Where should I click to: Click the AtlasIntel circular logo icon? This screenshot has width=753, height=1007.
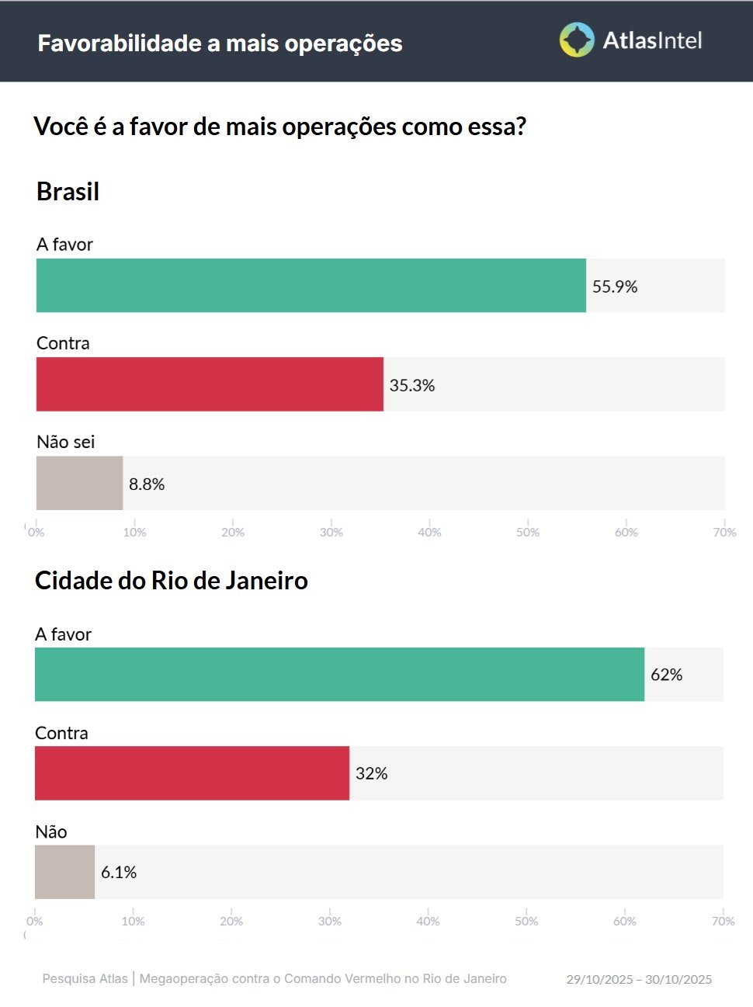point(577,40)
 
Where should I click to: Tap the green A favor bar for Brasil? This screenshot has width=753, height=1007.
point(311,286)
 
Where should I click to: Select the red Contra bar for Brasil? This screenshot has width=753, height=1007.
point(210,384)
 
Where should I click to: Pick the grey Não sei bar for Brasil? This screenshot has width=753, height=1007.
point(79,483)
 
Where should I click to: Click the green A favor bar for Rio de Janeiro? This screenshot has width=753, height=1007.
point(339,674)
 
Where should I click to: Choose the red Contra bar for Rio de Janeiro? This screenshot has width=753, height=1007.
point(192,773)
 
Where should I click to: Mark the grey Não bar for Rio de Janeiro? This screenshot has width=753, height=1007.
point(64,871)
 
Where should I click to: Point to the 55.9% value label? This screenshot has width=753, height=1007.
point(615,286)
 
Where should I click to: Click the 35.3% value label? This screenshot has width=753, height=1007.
point(412,385)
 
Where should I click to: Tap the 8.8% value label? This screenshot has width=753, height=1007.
point(147,484)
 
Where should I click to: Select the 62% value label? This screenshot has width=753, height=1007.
point(666,675)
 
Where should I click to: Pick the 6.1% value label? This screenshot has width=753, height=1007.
point(119,872)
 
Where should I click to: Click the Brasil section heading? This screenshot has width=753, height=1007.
point(68,191)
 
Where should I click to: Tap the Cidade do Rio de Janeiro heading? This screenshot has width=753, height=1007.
point(172,580)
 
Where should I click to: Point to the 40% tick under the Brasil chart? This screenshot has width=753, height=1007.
point(429,532)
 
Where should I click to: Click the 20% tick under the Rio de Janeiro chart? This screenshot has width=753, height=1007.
point(231,921)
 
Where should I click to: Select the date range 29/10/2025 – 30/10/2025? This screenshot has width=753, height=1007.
point(639,979)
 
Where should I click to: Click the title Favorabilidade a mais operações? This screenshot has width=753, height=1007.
point(220,43)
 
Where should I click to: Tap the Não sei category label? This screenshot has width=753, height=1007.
point(66,442)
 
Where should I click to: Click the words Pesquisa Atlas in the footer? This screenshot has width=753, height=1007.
point(85,978)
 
